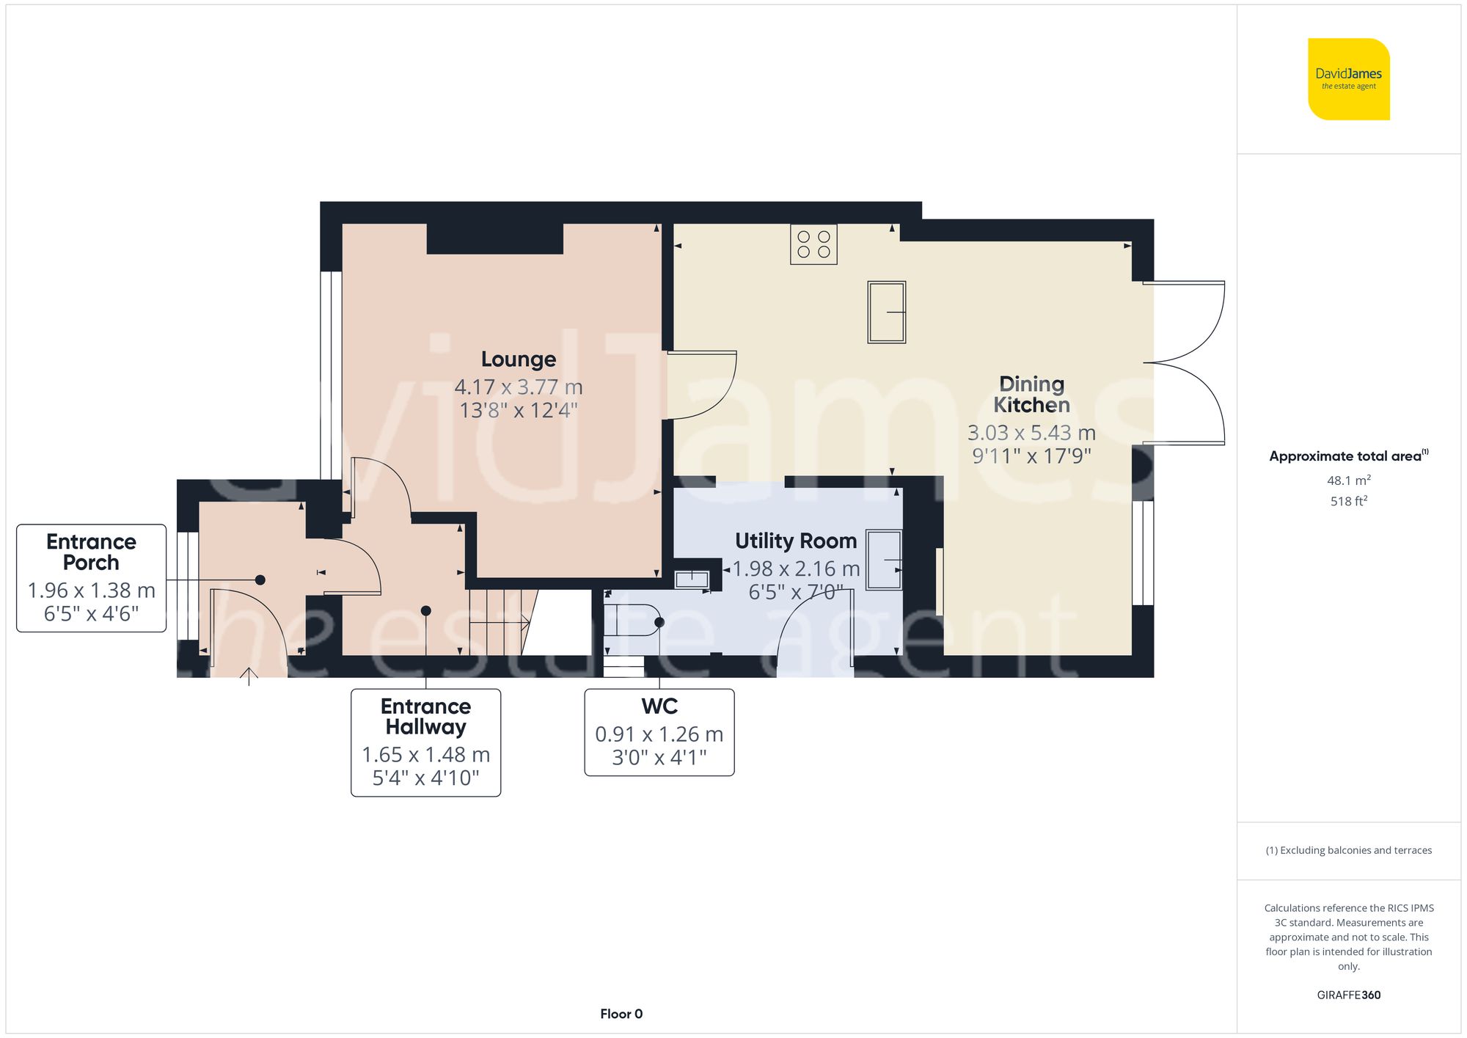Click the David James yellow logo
point(1348,79)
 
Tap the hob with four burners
point(813,244)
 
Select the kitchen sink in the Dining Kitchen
point(886,312)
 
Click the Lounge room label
point(519,359)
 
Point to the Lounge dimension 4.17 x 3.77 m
point(519,387)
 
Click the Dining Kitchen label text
point(1031,394)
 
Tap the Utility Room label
point(796,541)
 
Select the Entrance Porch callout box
point(92,578)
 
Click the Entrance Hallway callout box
point(425,742)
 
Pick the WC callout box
point(659,731)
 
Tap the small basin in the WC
point(692,580)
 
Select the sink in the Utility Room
point(884,560)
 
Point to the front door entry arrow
point(249,676)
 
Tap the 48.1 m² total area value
point(1348,480)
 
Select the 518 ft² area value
point(1348,501)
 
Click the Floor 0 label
point(621,1014)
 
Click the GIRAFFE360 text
point(1348,995)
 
